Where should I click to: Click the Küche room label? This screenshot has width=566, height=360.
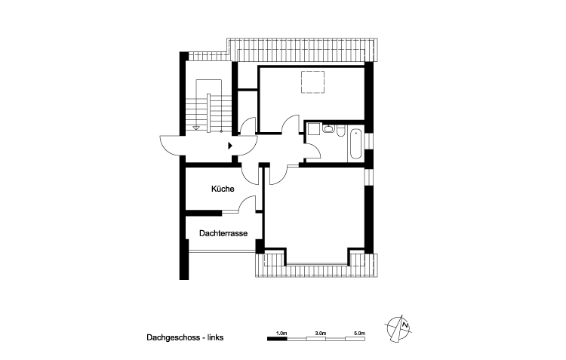pos(222,189)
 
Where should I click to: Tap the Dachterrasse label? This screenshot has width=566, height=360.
pos(223,234)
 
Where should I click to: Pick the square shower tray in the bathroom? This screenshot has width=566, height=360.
pos(314,129)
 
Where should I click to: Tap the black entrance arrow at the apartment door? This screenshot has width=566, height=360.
pos(231,143)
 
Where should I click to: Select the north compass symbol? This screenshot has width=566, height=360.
pos(400,326)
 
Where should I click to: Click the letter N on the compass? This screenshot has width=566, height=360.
pos(405,325)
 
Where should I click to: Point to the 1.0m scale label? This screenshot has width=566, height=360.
pos(282,333)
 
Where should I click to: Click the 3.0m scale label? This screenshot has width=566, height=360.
pos(320,333)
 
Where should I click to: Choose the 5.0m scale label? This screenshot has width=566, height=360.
pos(359,333)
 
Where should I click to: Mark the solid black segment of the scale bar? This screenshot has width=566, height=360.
pos(278,339)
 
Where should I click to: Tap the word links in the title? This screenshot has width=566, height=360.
pos(214,338)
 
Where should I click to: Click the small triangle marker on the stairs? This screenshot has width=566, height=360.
pos(197,128)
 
